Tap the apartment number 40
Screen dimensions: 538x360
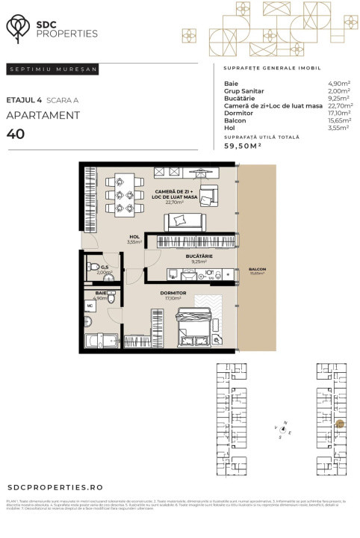(14, 134)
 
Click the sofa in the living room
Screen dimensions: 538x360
(184, 221)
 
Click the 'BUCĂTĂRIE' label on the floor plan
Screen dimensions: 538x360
(199, 256)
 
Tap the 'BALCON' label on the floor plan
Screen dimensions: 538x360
(258, 268)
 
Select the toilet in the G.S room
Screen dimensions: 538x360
(94, 266)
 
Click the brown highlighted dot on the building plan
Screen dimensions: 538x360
(340, 424)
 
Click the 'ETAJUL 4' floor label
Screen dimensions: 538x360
(23, 99)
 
